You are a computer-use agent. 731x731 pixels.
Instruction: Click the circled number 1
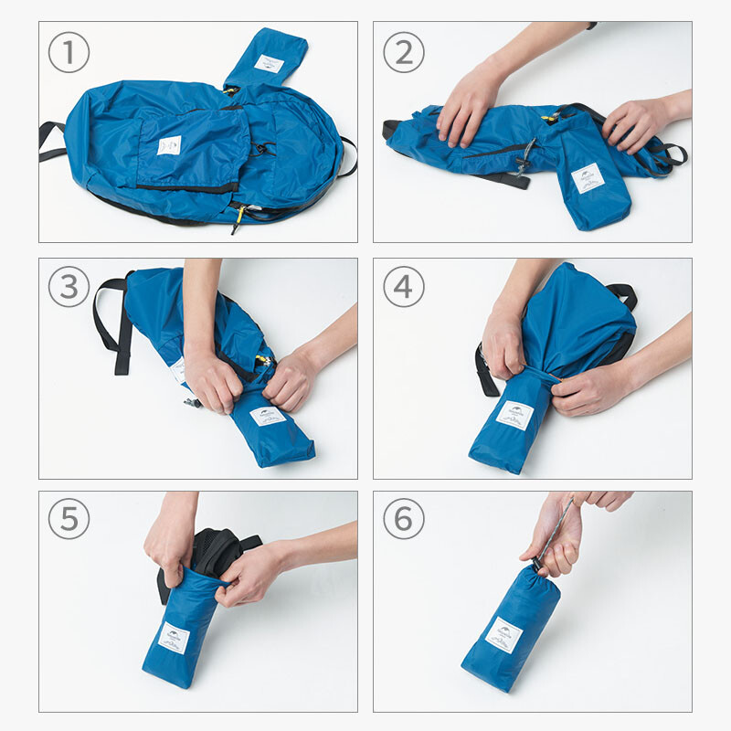[x=69, y=54]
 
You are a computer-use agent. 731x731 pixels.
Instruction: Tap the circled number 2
[x=403, y=54]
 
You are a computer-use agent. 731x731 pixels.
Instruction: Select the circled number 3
[x=69, y=288]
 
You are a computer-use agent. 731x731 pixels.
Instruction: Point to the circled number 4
[x=403, y=288]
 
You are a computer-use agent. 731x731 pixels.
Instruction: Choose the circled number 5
[x=69, y=521]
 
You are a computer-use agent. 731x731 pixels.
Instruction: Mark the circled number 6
[x=403, y=521]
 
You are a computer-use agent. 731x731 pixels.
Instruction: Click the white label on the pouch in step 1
[x=269, y=64]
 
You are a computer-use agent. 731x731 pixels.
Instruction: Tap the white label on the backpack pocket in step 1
[x=169, y=145]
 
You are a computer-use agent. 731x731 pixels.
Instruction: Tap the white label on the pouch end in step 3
[x=267, y=417]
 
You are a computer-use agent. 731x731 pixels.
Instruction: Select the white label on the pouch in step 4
[x=514, y=416]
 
